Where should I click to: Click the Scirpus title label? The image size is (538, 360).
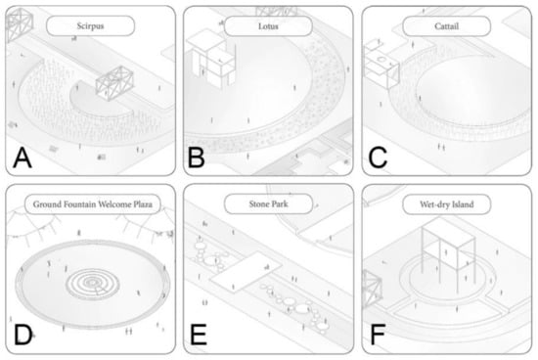point(90,25)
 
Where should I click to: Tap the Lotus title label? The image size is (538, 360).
point(268,25)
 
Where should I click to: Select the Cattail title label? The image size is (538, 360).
point(446,25)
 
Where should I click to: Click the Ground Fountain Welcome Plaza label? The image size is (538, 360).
point(93,204)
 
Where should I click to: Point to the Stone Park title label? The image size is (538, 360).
point(268,203)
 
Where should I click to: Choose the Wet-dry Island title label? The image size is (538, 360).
point(446,204)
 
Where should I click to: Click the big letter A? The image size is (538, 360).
point(22,158)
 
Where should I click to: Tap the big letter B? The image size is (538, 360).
point(197,158)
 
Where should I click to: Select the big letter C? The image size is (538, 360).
point(378,158)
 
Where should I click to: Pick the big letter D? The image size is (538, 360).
point(23,335)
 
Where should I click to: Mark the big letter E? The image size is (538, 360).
point(199,335)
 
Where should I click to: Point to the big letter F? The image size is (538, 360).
point(378,335)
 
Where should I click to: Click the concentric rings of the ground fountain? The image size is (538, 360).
point(92,284)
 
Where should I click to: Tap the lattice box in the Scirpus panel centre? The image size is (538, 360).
point(114,83)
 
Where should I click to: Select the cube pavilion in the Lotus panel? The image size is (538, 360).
point(211,59)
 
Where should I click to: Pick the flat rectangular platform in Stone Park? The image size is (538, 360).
point(246,272)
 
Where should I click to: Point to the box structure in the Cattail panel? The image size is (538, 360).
point(381,64)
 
